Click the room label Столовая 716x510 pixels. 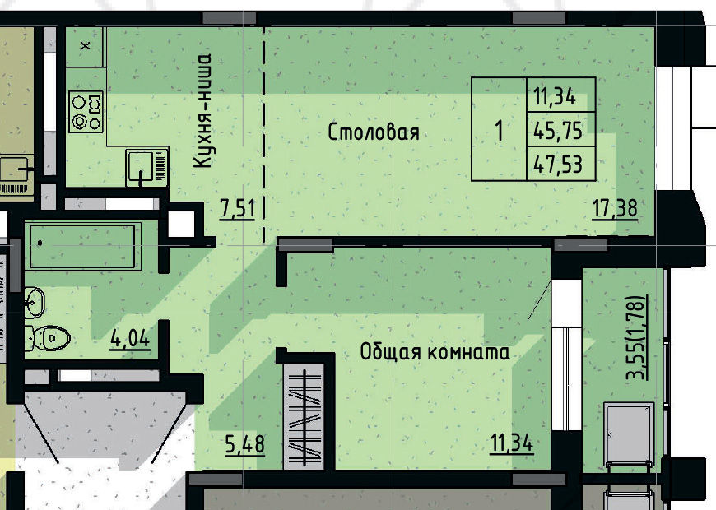[374, 132]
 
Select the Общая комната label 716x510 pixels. [435, 353]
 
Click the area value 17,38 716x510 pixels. [615, 209]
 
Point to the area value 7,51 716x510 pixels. [237, 209]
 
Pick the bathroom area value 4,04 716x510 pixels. [130, 338]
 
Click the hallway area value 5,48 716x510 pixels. [244, 445]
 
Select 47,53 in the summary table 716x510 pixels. [558, 165]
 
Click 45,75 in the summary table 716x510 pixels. [558, 129]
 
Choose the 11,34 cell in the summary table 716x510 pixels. [558, 95]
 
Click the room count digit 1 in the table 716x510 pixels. [499, 130]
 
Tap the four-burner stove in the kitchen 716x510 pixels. [86, 112]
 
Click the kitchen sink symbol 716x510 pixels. [146, 167]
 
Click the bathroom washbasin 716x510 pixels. [35, 302]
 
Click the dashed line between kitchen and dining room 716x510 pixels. [264, 132]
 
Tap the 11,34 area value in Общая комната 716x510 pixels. [512, 445]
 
